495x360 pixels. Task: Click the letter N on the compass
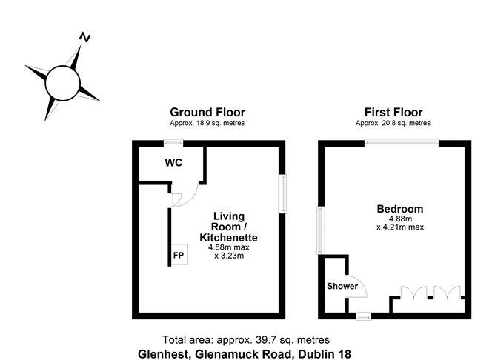pyautogui.click(x=84, y=37)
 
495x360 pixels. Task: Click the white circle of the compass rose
pyautogui.click(x=62, y=83)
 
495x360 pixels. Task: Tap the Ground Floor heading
pyautogui.click(x=207, y=113)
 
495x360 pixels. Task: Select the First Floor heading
pyautogui.click(x=393, y=113)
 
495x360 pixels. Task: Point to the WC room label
pyautogui.click(x=173, y=163)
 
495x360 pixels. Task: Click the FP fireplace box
pyautogui.click(x=179, y=254)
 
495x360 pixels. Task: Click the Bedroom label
pyautogui.click(x=400, y=209)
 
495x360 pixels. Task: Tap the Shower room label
pyautogui.click(x=342, y=286)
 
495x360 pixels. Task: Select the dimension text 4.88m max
pyautogui.click(x=228, y=247)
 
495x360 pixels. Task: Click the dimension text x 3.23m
pyautogui.click(x=229, y=256)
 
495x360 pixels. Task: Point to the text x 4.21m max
pyautogui.click(x=400, y=227)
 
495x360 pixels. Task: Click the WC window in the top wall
pyautogui.click(x=173, y=143)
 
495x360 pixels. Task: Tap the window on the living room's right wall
pyautogui.click(x=282, y=194)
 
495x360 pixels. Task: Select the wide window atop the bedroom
pyautogui.click(x=402, y=143)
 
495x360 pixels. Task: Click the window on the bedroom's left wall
pyautogui.click(x=321, y=230)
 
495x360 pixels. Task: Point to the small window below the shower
pyautogui.click(x=364, y=316)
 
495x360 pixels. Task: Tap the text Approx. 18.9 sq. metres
pyautogui.click(x=207, y=123)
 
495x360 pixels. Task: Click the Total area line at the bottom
pyautogui.click(x=246, y=340)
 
